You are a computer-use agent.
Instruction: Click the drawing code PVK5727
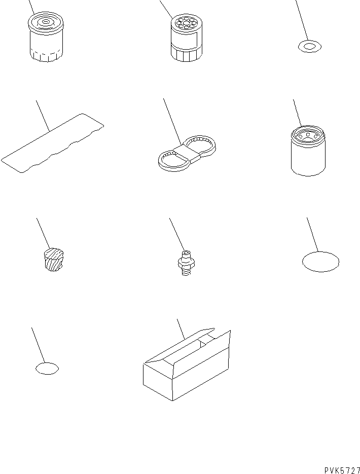point(342,470)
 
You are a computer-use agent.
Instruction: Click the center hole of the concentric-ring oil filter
point(45,21)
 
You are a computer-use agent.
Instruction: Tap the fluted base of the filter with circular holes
point(186,55)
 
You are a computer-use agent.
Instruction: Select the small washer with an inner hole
point(309,47)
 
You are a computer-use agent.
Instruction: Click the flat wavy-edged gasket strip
point(52,143)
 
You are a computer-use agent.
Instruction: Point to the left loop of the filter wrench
point(172,159)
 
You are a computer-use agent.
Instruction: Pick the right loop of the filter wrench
point(200,145)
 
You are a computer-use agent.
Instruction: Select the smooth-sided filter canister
point(308,151)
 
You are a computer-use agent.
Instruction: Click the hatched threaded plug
point(54,259)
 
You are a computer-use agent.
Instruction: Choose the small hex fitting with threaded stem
point(186,263)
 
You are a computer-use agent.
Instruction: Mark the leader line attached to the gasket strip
point(43,116)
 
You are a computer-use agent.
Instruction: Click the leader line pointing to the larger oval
point(313,235)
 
